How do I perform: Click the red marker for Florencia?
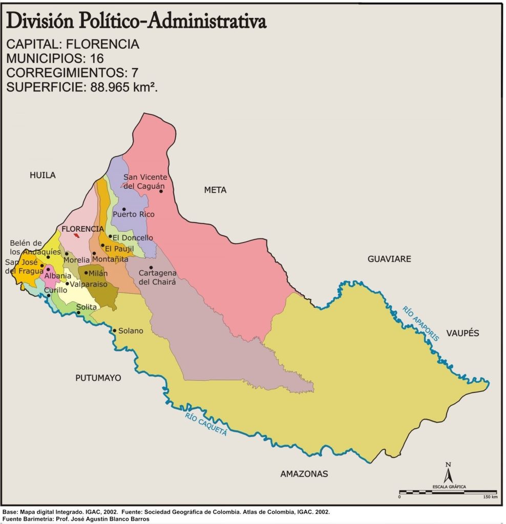[76, 235]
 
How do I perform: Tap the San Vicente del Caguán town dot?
[161, 191]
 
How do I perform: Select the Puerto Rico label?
[134, 214]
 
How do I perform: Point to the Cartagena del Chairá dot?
[151, 268]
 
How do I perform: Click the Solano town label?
[131, 331]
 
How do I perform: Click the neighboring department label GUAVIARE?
[389, 259]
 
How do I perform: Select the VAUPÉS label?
[462, 333]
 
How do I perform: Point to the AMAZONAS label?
[304, 474]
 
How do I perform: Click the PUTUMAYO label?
[98, 378]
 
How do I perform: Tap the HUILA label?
[43, 176]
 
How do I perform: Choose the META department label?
[215, 190]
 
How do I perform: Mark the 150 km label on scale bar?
[490, 497]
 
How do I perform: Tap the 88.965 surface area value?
[112, 86]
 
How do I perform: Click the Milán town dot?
[86, 273]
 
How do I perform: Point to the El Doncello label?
[133, 238]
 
